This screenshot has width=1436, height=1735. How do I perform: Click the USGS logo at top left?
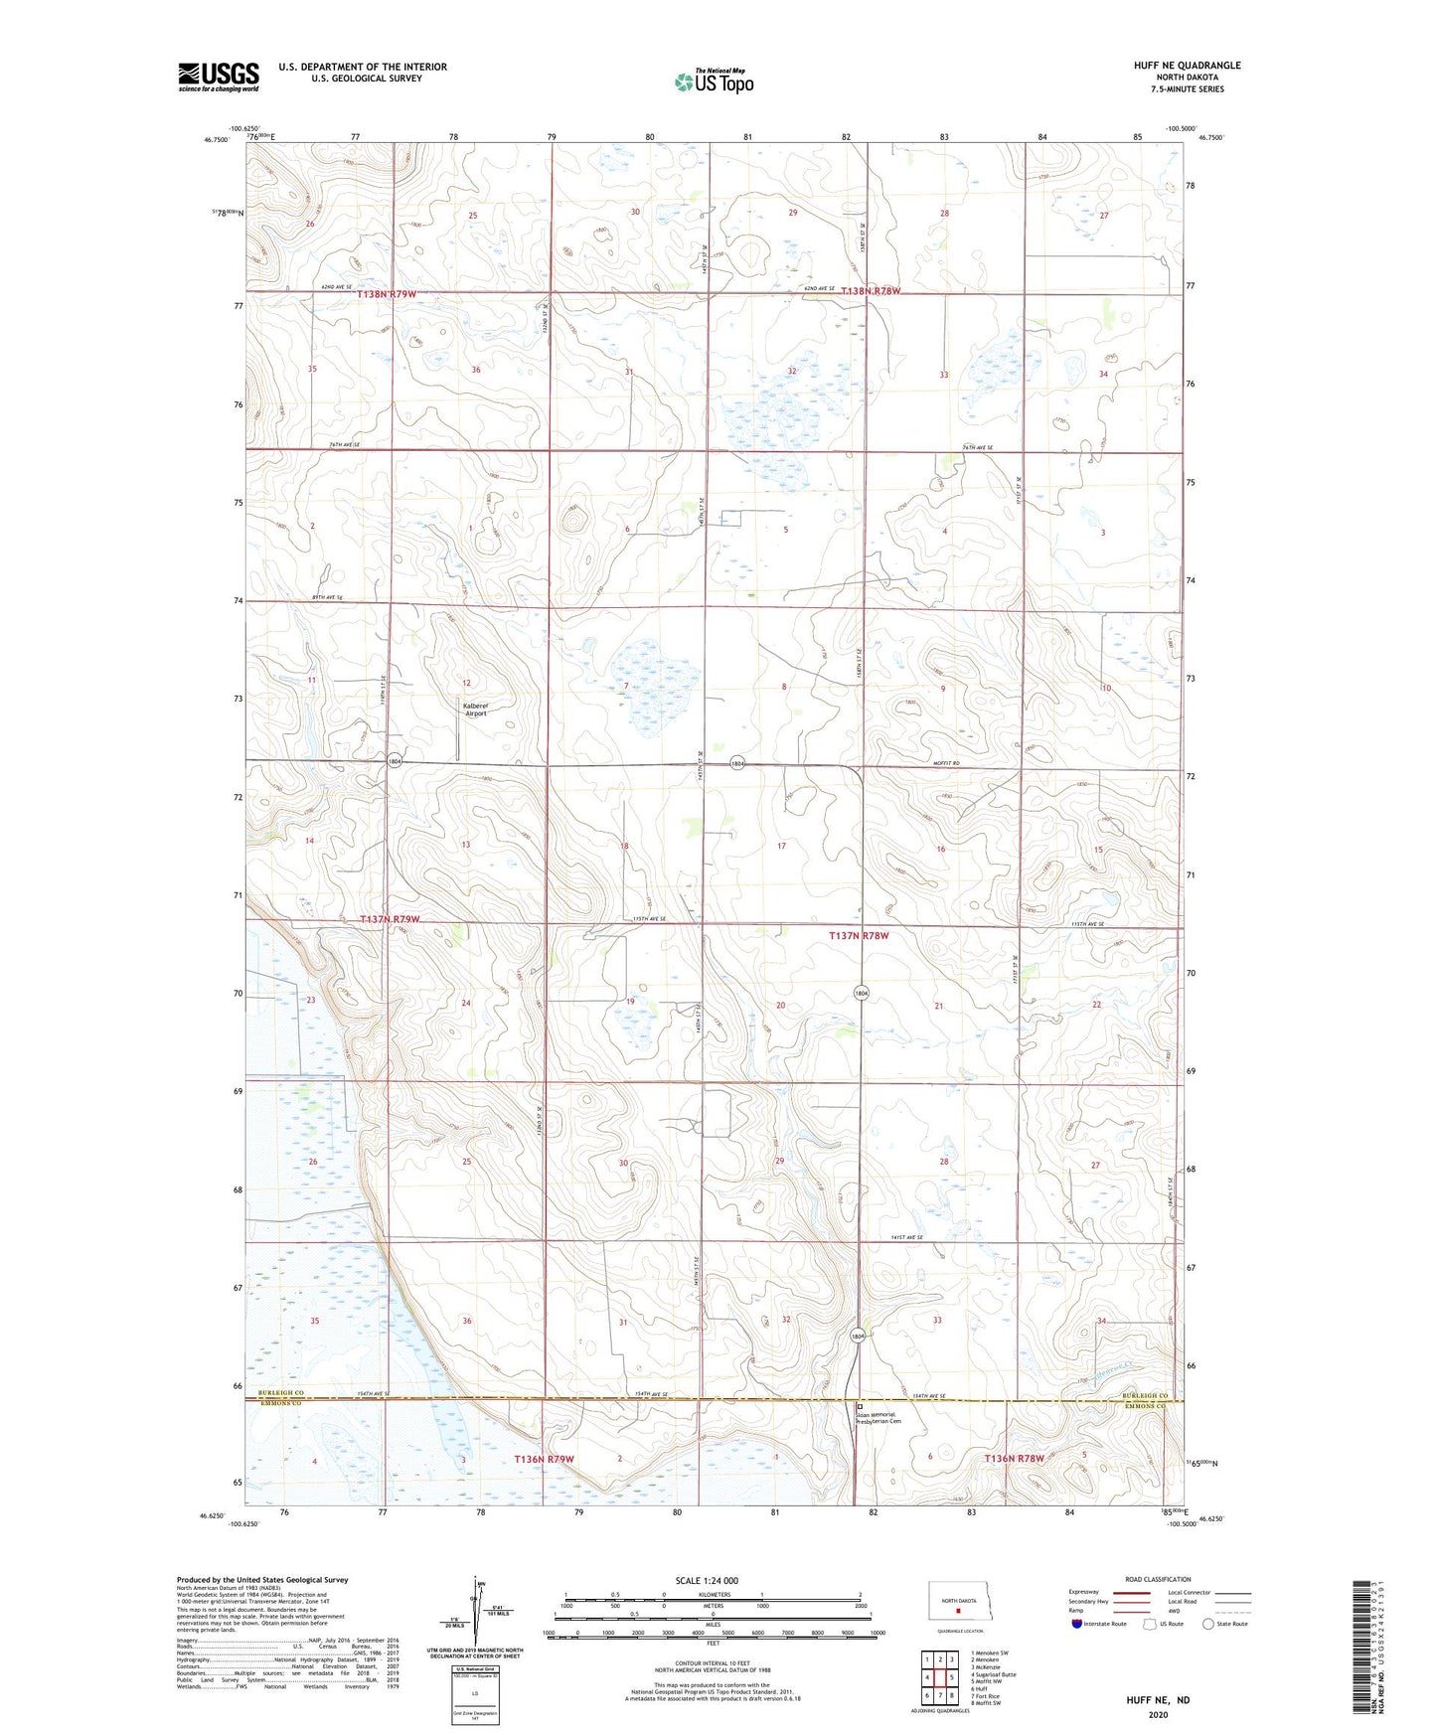[x=219, y=77]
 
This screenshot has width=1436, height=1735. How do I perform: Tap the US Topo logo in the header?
[x=713, y=81]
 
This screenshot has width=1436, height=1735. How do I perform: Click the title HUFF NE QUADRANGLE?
[x=1187, y=66]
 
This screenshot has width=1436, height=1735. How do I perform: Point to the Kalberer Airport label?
[x=476, y=710]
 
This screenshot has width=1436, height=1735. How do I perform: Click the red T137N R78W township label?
[x=859, y=936]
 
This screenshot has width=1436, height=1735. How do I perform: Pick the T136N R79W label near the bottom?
[x=545, y=1459]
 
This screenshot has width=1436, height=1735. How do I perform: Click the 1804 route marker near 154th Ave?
[x=859, y=1337]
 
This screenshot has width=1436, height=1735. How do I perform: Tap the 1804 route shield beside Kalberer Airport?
[x=396, y=760]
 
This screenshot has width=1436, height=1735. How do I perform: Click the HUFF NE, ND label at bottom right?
[x=1158, y=1700]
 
